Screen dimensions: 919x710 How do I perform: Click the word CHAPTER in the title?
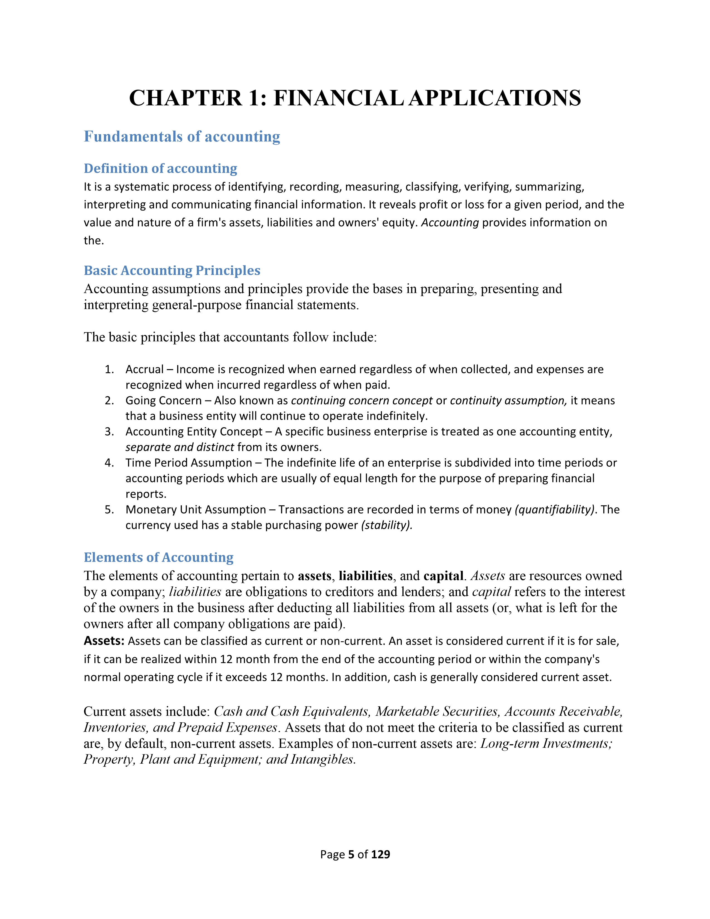pos(185,98)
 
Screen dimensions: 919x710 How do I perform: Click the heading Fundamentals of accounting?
pos(182,137)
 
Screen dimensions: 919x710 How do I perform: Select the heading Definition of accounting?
pos(160,168)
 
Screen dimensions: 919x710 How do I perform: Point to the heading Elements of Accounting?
pos(159,557)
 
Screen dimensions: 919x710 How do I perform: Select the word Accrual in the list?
pos(144,370)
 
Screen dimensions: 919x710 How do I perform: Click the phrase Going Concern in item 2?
pos(164,400)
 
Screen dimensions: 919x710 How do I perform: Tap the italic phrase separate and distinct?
pos(180,447)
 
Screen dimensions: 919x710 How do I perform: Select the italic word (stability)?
pos(386,525)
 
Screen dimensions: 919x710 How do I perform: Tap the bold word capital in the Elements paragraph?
pos(443,576)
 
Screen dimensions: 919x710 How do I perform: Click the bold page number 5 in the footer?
pos(351,854)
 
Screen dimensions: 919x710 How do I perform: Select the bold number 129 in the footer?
pos(381,854)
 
